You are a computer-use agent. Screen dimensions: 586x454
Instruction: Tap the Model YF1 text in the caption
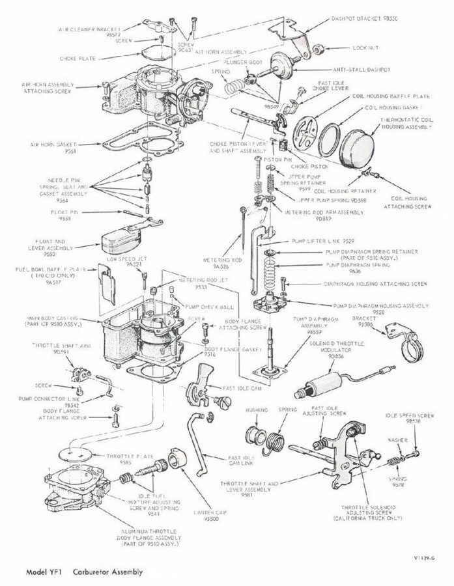(x=44, y=573)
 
